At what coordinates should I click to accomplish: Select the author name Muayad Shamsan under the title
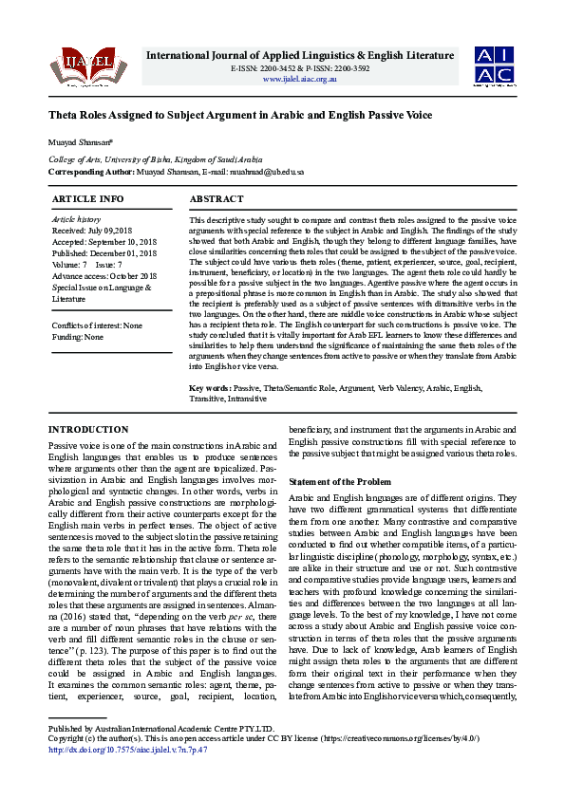(75, 143)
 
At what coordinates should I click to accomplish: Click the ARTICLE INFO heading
(87, 199)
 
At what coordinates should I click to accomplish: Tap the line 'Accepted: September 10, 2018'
(104, 242)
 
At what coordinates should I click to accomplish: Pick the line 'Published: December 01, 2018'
(105, 253)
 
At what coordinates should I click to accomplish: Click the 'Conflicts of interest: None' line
(98, 325)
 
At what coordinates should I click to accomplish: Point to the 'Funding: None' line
(78, 337)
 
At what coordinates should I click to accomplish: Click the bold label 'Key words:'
(211, 389)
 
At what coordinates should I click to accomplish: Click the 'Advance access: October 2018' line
(104, 276)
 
